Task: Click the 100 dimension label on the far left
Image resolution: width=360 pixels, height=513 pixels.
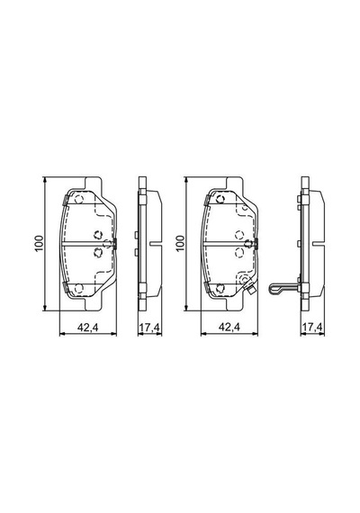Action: [40, 243]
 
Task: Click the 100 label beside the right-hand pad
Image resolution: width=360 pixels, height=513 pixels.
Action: [180, 243]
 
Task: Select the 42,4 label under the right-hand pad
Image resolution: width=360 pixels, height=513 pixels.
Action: [229, 327]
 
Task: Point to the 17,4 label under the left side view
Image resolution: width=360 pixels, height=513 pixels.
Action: [149, 327]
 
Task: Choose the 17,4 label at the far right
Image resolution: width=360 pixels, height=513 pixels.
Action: [312, 327]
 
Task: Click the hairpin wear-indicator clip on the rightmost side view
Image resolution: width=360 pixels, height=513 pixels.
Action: [283, 289]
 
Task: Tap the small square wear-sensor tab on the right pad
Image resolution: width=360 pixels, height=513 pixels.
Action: [251, 290]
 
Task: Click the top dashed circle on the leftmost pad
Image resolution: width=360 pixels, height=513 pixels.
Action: [78, 199]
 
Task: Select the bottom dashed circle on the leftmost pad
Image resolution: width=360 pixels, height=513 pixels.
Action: [78, 288]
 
